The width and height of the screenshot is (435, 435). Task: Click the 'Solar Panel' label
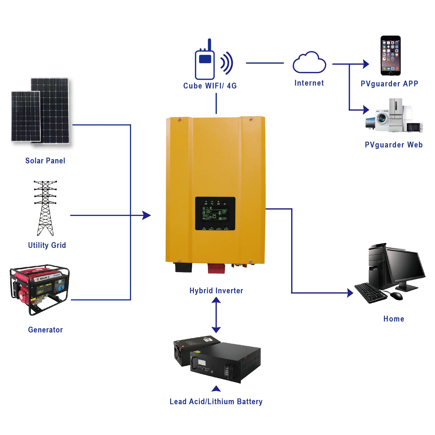click(x=45, y=161)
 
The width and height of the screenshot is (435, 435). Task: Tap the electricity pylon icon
click(x=45, y=208)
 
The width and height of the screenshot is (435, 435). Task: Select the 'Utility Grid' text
click(x=47, y=245)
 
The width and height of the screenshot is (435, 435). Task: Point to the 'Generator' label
click(x=45, y=330)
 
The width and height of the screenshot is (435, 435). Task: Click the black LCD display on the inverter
click(x=215, y=213)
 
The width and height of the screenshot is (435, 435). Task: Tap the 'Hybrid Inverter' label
click(x=216, y=291)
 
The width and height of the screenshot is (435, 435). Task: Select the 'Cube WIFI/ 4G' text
click(x=210, y=86)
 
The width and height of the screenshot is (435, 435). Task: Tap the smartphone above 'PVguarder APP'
click(x=390, y=56)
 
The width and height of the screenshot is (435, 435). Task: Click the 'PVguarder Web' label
click(x=394, y=145)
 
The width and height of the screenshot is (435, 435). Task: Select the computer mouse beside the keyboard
click(x=396, y=296)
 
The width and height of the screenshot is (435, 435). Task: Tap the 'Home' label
click(x=394, y=319)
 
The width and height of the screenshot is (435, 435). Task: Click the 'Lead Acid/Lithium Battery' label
click(x=216, y=402)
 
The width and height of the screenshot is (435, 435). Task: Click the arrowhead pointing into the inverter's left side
click(x=147, y=215)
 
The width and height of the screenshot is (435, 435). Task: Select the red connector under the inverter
click(x=216, y=269)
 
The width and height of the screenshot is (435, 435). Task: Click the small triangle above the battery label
click(x=216, y=389)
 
